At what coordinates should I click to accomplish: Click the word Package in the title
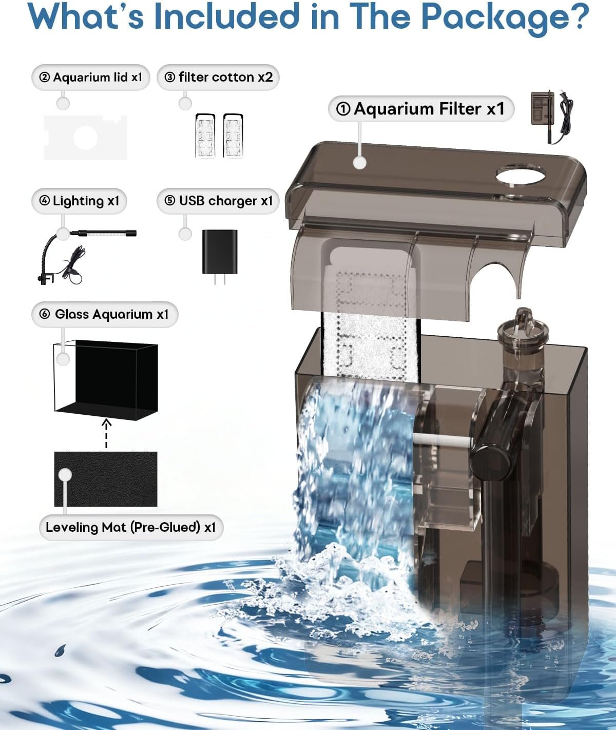click(497, 17)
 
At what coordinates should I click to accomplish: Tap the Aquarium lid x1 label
click(91, 78)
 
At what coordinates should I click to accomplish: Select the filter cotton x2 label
click(218, 78)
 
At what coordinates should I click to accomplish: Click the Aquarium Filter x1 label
click(421, 109)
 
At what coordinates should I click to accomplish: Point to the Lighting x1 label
click(80, 201)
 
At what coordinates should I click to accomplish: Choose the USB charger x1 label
click(218, 201)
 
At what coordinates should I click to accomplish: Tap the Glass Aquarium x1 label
click(105, 314)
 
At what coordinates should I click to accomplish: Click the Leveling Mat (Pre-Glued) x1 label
click(131, 527)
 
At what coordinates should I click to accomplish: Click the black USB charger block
click(220, 252)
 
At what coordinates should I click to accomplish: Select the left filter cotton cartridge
click(205, 136)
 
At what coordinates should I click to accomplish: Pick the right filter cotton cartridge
click(233, 136)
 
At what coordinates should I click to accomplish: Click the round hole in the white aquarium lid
click(85, 137)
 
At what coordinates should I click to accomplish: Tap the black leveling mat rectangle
click(106, 479)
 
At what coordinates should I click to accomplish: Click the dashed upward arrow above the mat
click(106, 433)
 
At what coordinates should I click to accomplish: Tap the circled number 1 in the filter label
click(343, 109)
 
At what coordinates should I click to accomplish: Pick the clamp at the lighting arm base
click(45, 279)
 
